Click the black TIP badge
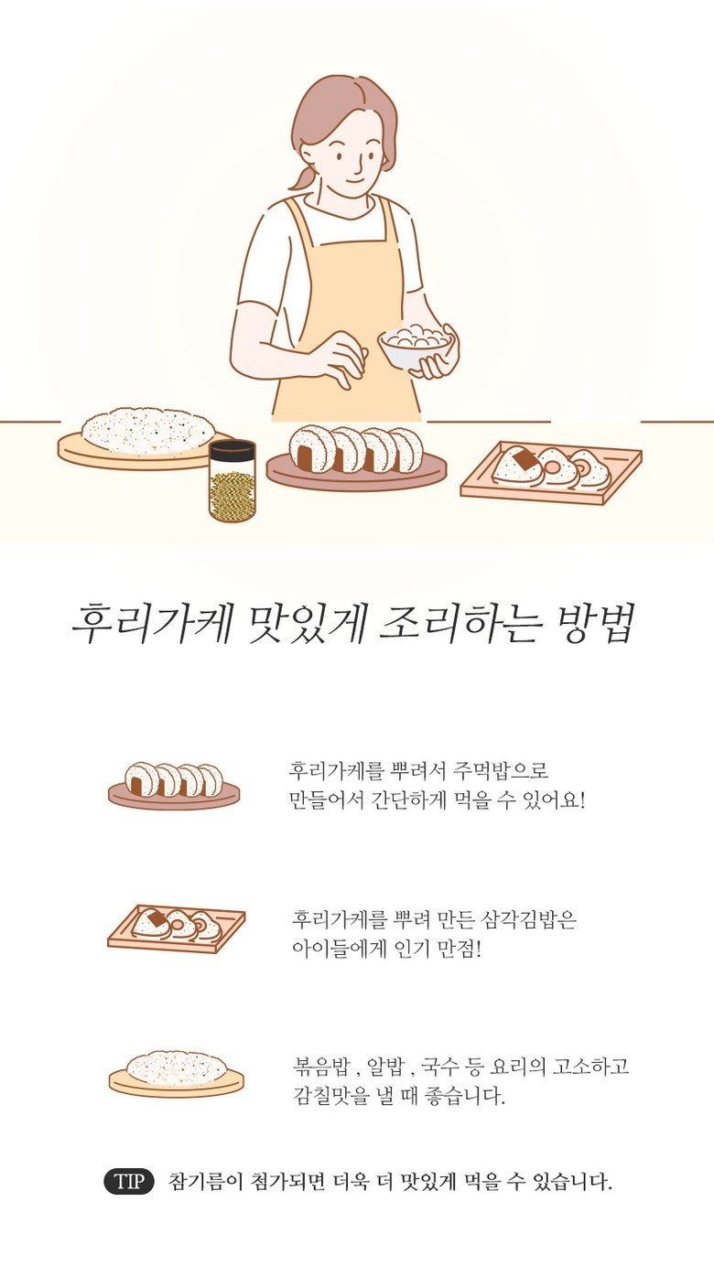point(129,1181)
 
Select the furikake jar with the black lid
point(232,481)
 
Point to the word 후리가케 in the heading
point(153,624)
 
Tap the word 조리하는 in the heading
point(458,624)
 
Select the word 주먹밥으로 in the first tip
point(502,770)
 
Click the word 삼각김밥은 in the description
point(528,919)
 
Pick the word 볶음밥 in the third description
point(320,1068)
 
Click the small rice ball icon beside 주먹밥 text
point(174,785)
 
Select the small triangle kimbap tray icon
point(177,928)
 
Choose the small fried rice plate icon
point(177,1074)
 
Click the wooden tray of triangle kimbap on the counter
point(551,473)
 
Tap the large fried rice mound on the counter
point(148,431)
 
